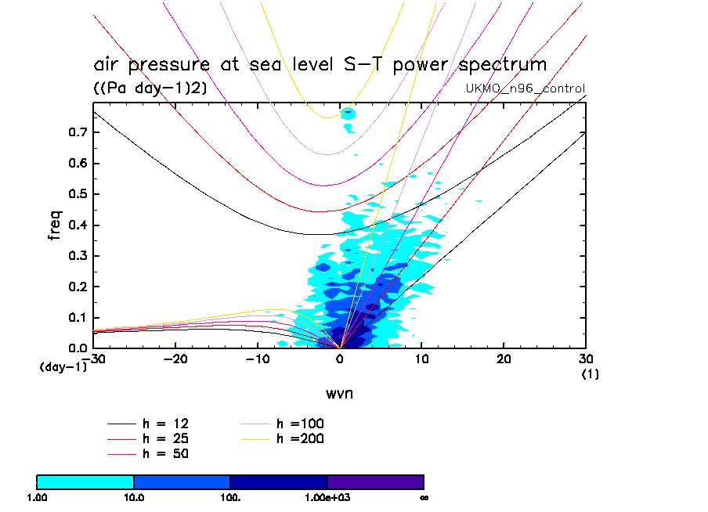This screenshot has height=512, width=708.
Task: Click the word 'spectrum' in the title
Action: tap(499, 66)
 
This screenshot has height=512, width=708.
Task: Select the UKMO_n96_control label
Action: tap(526, 88)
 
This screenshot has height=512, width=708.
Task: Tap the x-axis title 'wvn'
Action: tap(339, 393)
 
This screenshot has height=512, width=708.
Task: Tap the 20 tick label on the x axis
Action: tap(504, 359)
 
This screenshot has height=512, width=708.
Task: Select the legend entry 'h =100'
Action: tap(300, 424)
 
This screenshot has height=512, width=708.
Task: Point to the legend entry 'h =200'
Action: tap(300, 438)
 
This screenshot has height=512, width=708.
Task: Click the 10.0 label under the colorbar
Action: tap(133, 497)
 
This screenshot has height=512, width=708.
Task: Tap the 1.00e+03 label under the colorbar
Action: tap(327, 497)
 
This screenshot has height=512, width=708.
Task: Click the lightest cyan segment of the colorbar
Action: tap(85, 481)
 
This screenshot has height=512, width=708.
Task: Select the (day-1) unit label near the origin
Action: tap(63, 366)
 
